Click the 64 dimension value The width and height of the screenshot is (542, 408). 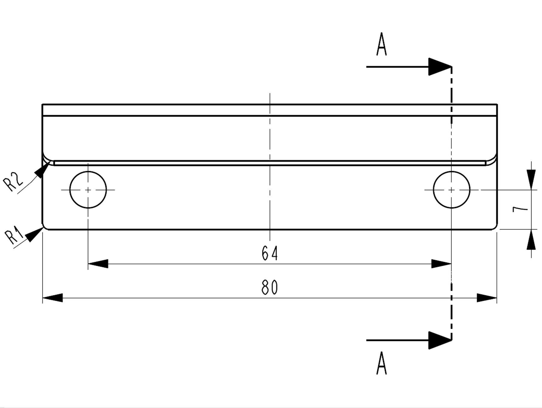point(270,253)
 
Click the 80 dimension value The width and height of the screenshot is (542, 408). point(270,287)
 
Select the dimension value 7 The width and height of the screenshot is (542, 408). point(520,209)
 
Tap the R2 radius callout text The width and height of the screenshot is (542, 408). point(13,182)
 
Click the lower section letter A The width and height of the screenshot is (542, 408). point(382,363)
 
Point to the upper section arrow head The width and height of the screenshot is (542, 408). point(440,67)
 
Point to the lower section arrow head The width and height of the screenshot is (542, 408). point(440,340)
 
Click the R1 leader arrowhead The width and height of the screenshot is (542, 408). point(35,234)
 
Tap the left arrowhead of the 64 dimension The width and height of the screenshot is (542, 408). point(98,264)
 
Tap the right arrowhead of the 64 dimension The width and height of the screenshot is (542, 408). point(441,264)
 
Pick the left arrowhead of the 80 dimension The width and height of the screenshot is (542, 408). point(53,298)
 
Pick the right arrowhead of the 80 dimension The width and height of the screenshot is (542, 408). point(487,298)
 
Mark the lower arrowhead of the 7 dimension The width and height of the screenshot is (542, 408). point(531,240)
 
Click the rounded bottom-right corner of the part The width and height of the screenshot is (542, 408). point(495,228)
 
